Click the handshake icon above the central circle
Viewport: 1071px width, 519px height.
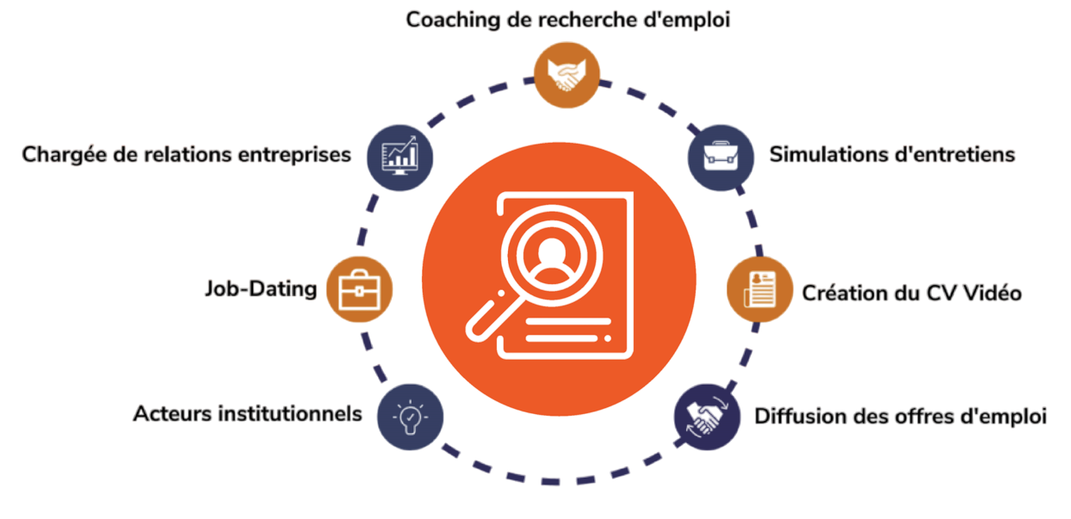click(x=566, y=75)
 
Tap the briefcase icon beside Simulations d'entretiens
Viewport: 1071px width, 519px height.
click(x=721, y=157)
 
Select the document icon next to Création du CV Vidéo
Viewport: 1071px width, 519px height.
click(x=760, y=289)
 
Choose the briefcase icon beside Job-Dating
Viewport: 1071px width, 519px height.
click(x=360, y=289)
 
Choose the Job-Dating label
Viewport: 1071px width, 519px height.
click(x=260, y=288)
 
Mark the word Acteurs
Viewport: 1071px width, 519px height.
click(x=172, y=413)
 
